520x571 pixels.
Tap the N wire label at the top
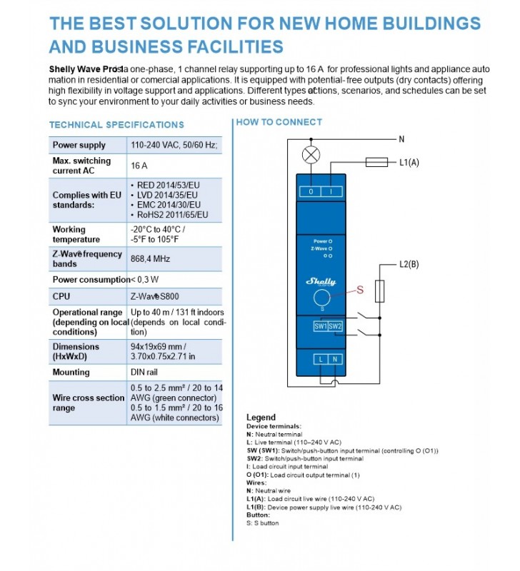tap(401, 139)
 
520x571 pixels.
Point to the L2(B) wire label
tap(409, 265)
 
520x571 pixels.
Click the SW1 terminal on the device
tap(321, 326)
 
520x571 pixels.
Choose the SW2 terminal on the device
tap(335, 326)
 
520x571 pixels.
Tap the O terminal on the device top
tap(311, 191)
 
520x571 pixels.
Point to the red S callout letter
tap(360, 290)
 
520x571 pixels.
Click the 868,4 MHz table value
tap(151, 258)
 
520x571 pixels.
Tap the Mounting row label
tap(71, 372)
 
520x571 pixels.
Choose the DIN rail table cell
tap(147, 372)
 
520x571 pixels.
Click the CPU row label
tap(61, 296)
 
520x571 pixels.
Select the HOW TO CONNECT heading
tap(279, 122)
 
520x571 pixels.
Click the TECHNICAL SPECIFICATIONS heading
tap(116, 125)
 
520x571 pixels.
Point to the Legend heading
tap(261, 417)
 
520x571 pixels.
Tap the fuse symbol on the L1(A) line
tap(376, 163)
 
